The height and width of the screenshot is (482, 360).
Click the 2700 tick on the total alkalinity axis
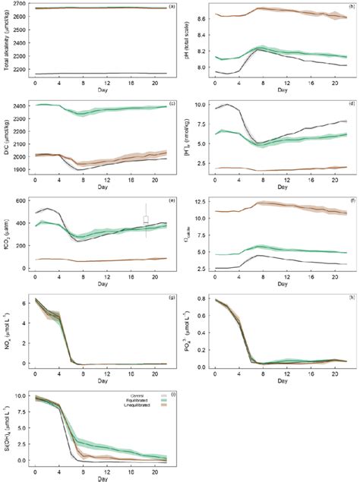17,4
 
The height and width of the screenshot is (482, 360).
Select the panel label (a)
172,6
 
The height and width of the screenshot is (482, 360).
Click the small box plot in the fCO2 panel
146,220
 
